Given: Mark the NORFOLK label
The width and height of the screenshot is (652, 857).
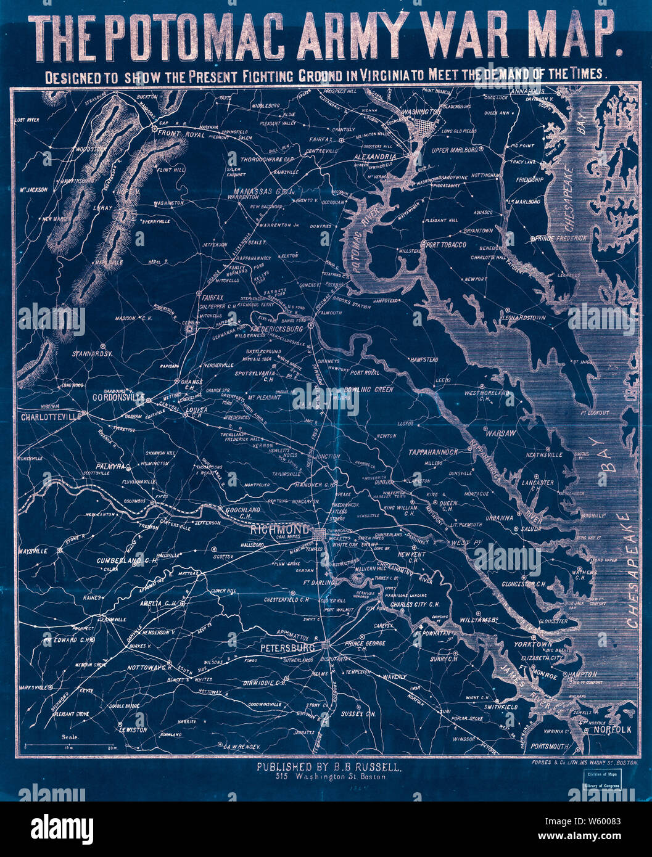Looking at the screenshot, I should point(613,730).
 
